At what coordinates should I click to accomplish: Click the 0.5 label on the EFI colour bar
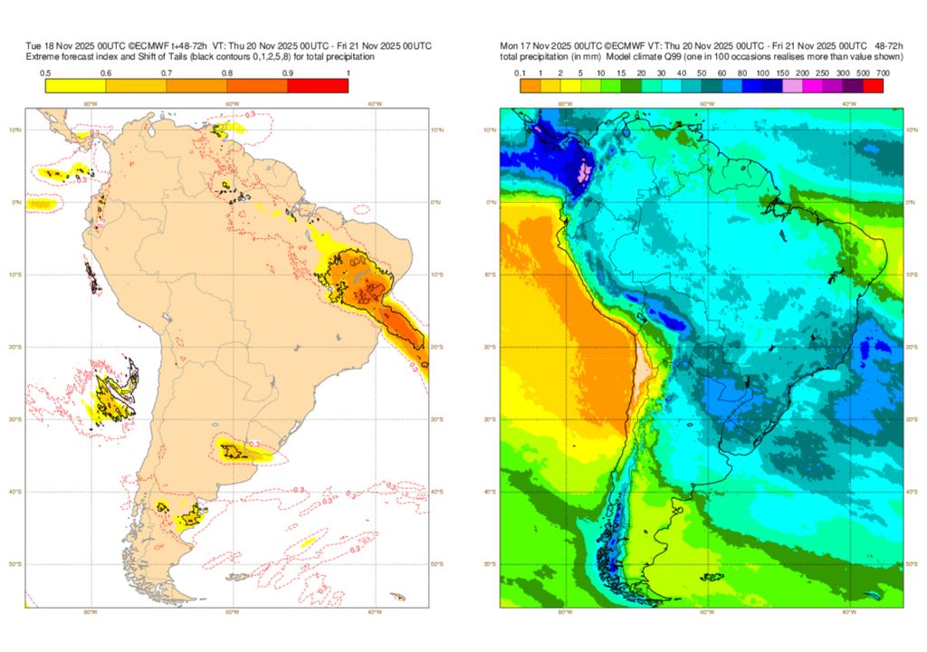pos(45,72)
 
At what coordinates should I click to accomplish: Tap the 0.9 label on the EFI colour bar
pos(288,72)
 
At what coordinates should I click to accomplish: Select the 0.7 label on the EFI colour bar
pos(167,72)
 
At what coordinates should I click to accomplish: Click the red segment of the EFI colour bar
pos(318,86)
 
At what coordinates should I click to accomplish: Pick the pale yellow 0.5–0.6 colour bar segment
pos(75,86)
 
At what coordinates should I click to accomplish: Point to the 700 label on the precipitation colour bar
pos(884,72)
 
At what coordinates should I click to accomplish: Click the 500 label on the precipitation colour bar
pos(864,72)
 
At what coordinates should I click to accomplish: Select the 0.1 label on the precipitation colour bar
pos(521,72)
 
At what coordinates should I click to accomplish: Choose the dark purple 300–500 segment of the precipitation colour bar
pos(853,86)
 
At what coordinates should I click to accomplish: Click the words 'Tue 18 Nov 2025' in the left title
pos(60,45)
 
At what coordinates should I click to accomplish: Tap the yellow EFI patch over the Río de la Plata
pos(237,449)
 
